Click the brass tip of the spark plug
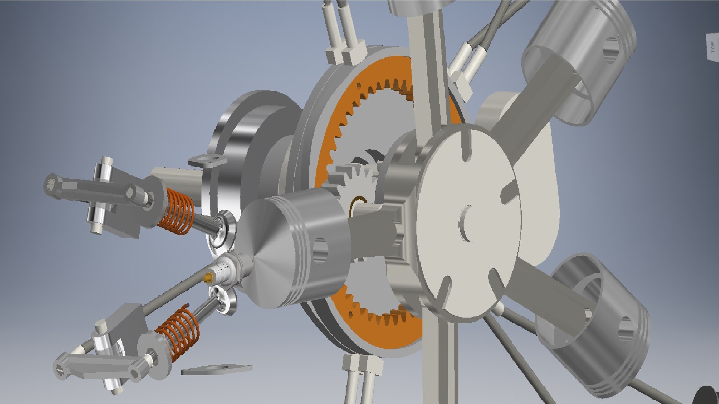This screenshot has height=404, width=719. pos(207,278)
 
